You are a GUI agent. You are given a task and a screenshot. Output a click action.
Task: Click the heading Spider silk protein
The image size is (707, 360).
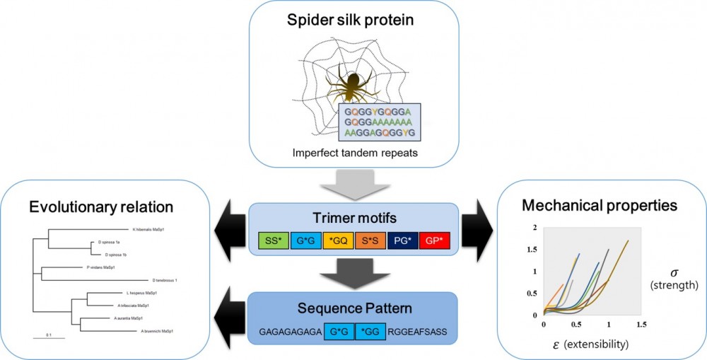[x=351, y=19]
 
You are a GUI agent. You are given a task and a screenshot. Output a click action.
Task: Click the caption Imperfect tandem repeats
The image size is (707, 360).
[x=351, y=152]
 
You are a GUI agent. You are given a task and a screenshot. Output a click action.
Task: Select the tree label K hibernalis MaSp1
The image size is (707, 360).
[x=151, y=229]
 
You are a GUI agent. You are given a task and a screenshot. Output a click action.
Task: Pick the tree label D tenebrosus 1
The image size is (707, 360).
[x=164, y=280]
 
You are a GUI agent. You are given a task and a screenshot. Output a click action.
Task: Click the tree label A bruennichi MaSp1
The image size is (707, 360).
[x=158, y=331]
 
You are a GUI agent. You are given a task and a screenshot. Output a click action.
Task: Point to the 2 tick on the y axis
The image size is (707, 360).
[x=535, y=227]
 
